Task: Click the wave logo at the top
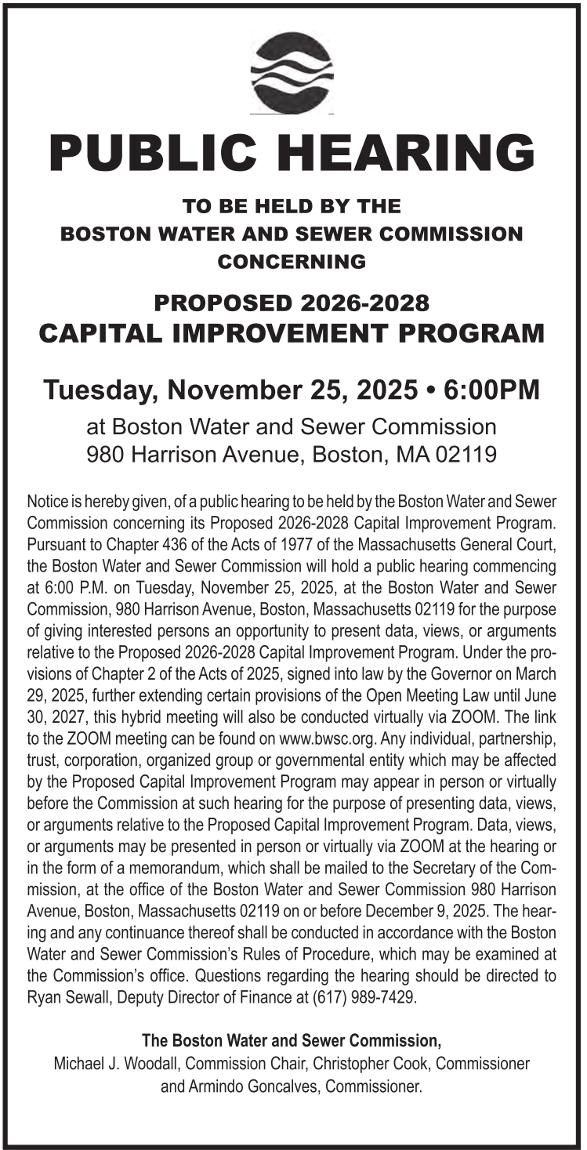[292, 73]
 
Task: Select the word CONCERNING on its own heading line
[292, 262]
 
